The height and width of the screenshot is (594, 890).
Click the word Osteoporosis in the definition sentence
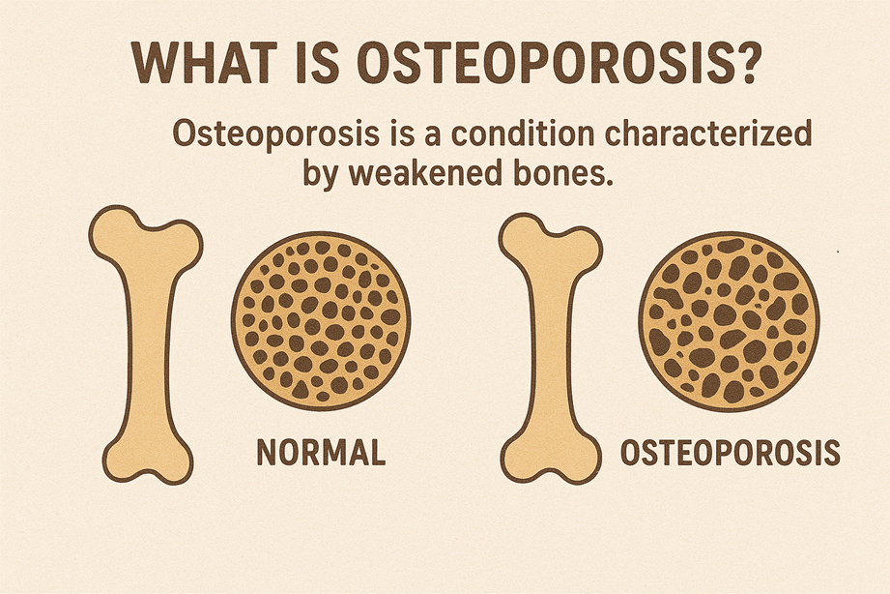(x=275, y=134)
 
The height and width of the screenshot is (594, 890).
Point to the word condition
(x=522, y=134)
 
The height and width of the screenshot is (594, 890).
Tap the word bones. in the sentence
(x=563, y=173)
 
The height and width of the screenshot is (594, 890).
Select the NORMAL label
(x=321, y=453)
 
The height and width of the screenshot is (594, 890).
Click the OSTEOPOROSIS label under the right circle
(x=730, y=453)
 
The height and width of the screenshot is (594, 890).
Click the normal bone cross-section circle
(x=321, y=320)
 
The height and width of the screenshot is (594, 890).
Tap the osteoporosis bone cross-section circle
(x=729, y=321)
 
